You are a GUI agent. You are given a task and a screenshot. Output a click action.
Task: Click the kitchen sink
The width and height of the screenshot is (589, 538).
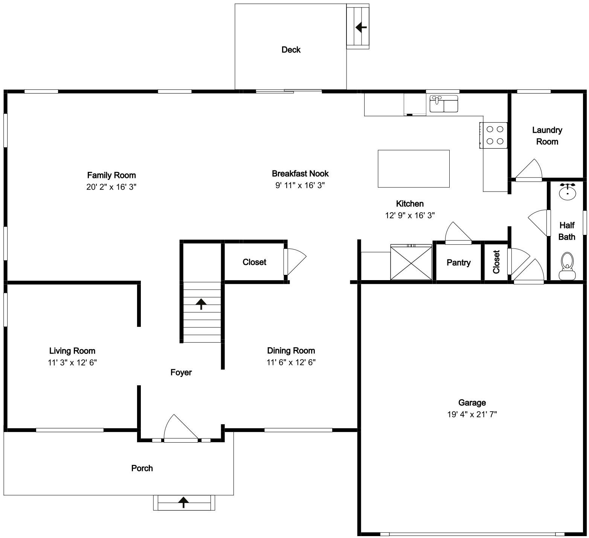pyautogui.click(x=444, y=104)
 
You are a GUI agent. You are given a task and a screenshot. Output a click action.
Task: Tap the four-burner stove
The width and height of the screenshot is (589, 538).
pyautogui.click(x=493, y=135)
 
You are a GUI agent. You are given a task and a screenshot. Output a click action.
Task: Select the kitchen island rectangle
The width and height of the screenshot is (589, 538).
pyautogui.click(x=414, y=169)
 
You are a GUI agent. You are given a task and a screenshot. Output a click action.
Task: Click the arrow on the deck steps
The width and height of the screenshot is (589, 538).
pyautogui.click(x=361, y=27)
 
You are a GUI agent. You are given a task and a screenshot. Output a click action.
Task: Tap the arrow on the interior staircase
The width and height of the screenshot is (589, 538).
pyautogui.click(x=201, y=303)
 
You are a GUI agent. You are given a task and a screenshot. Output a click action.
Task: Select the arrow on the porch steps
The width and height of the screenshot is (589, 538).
pyautogui.click(x=183, y=502)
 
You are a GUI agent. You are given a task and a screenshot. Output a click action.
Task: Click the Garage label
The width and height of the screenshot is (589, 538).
pyautogui.click(x=472, y=403)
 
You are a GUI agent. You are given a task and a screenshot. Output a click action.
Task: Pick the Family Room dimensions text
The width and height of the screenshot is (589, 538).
pyautogui.click(x=111, y=187)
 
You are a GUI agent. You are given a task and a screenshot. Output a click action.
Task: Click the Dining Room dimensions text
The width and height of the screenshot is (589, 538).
pyautogui.click(x=291, y=362)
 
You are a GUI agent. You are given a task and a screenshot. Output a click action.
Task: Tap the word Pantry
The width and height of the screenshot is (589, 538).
pyautogui.click(x=458, y=262)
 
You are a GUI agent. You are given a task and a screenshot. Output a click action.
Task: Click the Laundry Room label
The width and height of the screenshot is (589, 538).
pyautogui.click(x=547, y=136)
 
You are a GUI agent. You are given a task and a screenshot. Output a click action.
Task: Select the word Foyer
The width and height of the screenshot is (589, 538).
pyautogui.click(x=181, y=372)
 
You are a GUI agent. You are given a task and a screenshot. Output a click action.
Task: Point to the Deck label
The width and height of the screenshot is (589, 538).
pyautogui.click(x=291, y=50)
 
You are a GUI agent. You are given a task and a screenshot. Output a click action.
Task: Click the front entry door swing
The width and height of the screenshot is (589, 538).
pyautogui.click(x=181, y=428)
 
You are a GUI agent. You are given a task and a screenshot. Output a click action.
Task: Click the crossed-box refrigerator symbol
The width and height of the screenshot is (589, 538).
pyautogui.click(x=411, y=262)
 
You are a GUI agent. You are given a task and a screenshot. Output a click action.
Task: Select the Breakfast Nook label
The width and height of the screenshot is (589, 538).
pyautogui.click(x=300, y=173)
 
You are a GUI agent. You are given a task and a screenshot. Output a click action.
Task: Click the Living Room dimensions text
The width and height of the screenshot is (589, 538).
pyautogui.click(x=72, y=363)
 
